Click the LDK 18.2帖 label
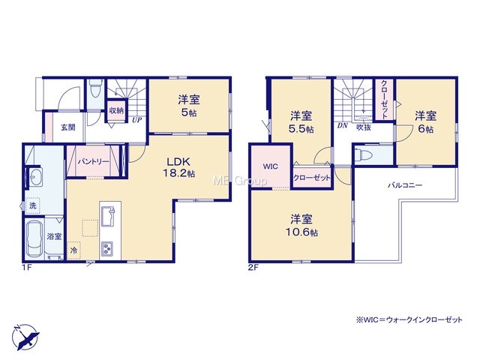click(x=178, y=167)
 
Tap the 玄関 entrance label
click(x=67, y=127)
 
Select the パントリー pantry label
click(x=93, y=161)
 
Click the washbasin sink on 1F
click(x=36, y=177)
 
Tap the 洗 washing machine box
click(x=32, y=205)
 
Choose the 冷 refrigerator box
click(x=73, y=250)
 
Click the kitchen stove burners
click(x=106, y=248)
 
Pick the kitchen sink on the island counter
click(x=108, y=216)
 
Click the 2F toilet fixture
click(x=363, y=154)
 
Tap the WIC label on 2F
click(x=271, y=166)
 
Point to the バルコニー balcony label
click(x=405, y=185)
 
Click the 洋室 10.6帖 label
click(x=301, y=226)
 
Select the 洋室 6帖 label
click(x=425, y=122)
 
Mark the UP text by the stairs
click(x=136, y=120)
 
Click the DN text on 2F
click(x=343, y=125)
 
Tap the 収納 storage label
click(x=116, y=110)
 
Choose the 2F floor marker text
click(x=253, y=268)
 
